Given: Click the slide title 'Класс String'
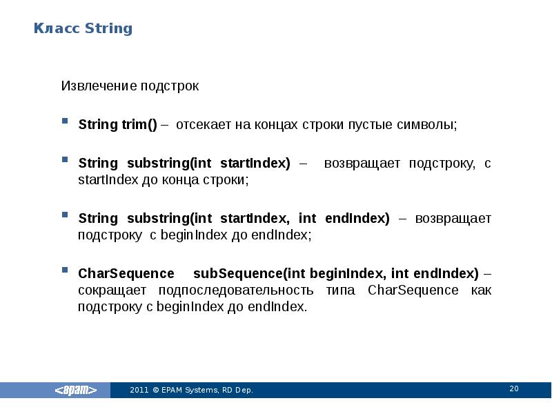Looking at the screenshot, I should [83, 28].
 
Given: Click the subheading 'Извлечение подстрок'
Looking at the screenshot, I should [130, 86].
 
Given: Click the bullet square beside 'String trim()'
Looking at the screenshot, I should [65, 121].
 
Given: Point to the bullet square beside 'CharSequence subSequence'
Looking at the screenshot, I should [65, 270].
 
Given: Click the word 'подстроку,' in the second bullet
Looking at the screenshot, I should [440, 164].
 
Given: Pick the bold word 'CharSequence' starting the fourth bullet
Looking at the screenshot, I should [117, 274].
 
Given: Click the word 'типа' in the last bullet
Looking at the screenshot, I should [342, 290].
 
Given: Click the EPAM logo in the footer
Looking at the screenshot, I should [76, 390].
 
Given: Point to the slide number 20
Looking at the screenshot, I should [513, 389].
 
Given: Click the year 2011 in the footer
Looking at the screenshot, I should [139, 391].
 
